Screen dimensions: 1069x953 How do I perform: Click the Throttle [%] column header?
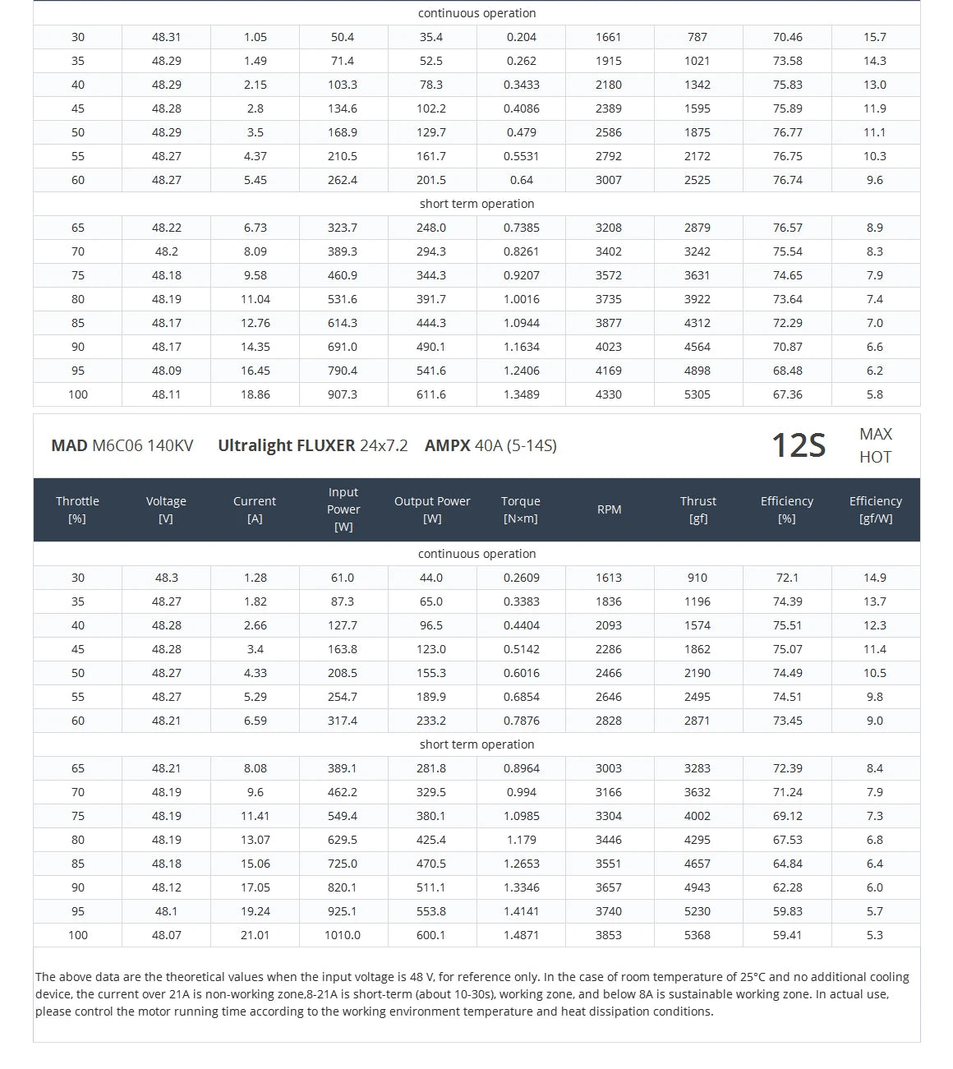click(x=77, y=509)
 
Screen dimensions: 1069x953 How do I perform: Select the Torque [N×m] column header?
click(x=521, y=509)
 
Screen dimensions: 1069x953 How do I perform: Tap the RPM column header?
click(x=609, y=509)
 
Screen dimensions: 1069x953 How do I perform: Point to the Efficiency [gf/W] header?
click(x=875, y=509)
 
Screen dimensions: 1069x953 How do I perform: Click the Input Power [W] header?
click(x=343, y=509)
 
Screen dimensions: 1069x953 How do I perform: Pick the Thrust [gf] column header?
click(x=697, y=509)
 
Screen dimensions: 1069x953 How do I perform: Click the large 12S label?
click(x=798, y=445)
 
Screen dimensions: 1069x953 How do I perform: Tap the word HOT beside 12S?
click(x=875, y=457)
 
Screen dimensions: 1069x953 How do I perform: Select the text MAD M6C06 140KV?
click(x=122, y=445)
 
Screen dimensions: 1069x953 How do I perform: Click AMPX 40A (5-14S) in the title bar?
click(x=490, y=445)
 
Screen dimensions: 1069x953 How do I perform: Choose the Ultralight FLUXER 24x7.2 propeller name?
click(x=312, y=445)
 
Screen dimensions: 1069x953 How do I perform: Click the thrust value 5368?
click(x=697, y=935)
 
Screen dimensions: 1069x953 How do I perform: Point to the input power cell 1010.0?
click(x=343, y=935)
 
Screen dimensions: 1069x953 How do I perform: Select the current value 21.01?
click(x=255, y=935)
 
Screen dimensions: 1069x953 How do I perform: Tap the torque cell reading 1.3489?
click(x=521, y=394)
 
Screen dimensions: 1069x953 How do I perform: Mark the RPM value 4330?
click(x=609, y=394)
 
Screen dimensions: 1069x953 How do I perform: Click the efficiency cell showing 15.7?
click(x=875, y=37)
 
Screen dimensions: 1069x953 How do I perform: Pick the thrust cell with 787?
click(x=697, y=37)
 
